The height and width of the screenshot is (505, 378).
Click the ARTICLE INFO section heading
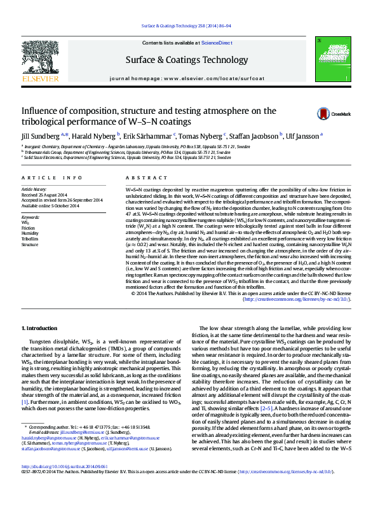tap(51, 177)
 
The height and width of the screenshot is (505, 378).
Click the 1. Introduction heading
tap(39, 328)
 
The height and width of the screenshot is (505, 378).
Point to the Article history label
tap(34, 190)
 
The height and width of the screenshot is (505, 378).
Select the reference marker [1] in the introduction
tap(25, 402)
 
